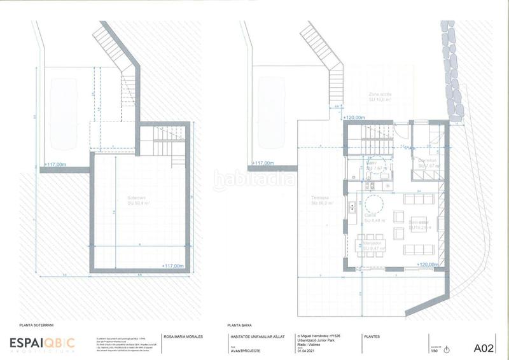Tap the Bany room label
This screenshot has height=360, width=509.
(x=372, y=163)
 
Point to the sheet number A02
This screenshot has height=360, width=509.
(x=484, y=348)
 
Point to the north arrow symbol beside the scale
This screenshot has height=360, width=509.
(x=446, y=349)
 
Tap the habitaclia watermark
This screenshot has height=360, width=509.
(x=254, y=180)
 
